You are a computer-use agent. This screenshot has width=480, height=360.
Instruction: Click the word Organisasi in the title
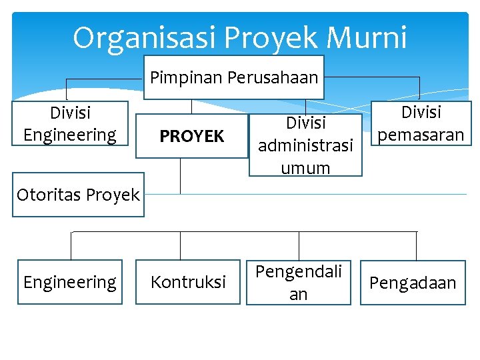point(143,38)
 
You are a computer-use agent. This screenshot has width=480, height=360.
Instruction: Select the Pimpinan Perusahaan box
point(234,78)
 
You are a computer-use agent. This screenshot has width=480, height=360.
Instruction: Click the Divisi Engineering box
point(70,123)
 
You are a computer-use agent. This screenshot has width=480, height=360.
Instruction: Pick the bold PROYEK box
point(191,137)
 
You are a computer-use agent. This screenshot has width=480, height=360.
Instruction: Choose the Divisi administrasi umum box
point(305,145)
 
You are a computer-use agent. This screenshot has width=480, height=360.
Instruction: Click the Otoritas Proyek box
point(78,195)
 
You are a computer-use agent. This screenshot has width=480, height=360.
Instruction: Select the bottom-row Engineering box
point(70,282)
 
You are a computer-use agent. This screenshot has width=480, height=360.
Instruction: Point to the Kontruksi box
point(188,282)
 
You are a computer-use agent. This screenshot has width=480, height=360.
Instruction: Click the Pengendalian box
point(299,282)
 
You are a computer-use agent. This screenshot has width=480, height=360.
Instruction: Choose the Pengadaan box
point(413,282)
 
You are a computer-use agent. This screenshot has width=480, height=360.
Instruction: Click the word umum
point(305,167)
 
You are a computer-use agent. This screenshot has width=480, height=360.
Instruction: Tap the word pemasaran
point(420,135)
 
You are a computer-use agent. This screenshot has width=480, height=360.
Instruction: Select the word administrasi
point(305,145)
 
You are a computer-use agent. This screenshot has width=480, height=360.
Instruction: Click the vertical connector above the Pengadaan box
point(417,245)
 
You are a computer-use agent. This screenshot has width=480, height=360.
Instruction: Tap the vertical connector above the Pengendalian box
point(299,245)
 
